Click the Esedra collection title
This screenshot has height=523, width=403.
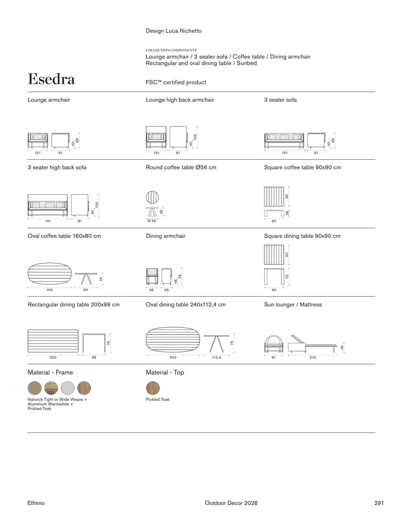(51, 79)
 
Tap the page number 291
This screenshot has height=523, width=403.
(379, 503)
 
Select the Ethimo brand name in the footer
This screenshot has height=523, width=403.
(36, 503)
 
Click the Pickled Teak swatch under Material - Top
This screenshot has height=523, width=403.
(153, 388)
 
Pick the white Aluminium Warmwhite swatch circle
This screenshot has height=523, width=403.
(68, 388)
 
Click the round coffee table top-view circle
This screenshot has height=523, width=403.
(152, 197)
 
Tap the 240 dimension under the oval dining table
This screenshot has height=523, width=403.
(173, 357)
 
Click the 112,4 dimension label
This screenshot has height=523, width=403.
(217, 357)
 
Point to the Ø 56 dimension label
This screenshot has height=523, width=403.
(152, 221)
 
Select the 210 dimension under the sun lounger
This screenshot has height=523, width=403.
(313, 357)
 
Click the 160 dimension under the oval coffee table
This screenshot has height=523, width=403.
(49, 290)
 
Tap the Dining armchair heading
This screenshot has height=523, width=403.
(166, 236)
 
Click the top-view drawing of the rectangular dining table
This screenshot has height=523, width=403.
(53, 341)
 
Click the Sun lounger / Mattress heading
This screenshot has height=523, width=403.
(293, 304)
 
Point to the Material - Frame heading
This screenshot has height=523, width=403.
(50, 372)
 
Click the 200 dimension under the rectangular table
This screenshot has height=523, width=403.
(53, 357)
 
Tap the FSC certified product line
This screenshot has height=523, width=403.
(176, 82)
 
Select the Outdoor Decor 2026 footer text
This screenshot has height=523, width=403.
(231, 503)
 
